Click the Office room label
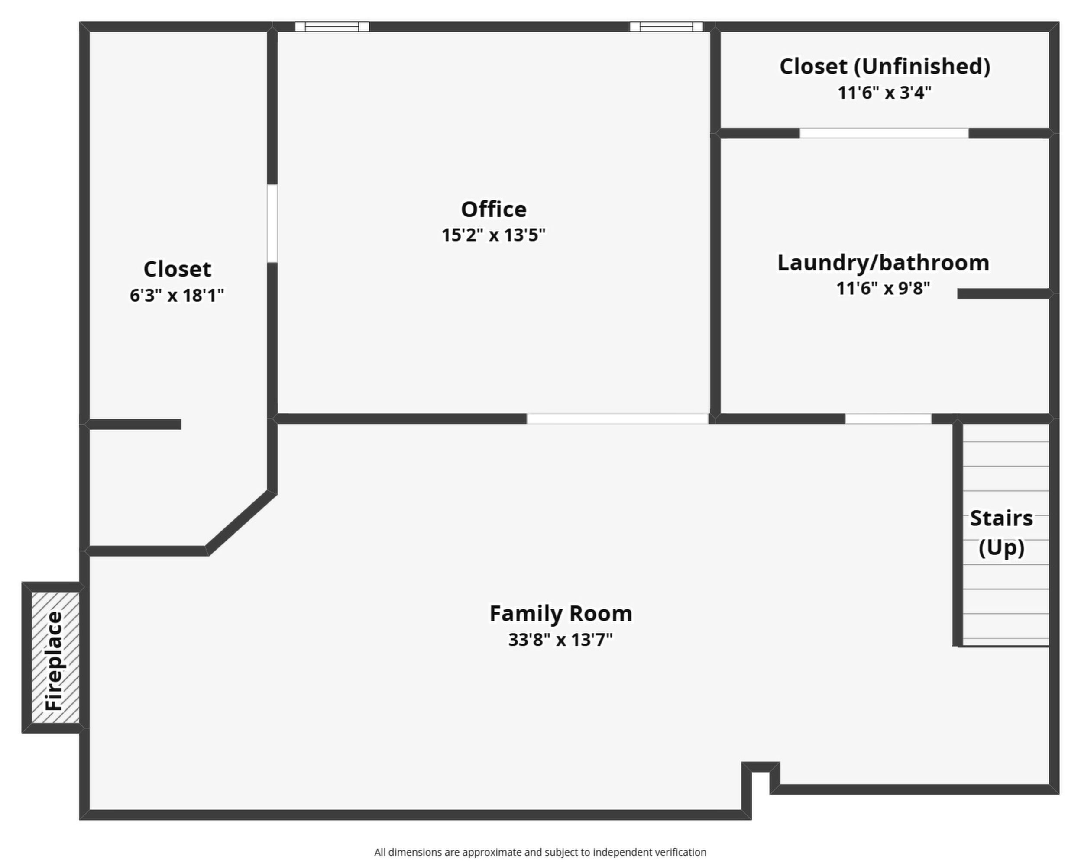493,209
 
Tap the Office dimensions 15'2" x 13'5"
493,235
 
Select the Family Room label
560,613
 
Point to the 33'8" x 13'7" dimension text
560,640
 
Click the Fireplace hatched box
55,657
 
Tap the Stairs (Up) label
1001,533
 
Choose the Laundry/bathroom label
883,263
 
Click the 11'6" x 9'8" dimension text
883,289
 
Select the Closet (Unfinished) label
885,67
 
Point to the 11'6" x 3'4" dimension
885,93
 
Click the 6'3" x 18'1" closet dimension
177,296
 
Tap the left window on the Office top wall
332,26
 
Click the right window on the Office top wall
667,26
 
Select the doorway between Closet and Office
272,223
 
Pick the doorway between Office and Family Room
617,419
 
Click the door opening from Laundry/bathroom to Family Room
888,419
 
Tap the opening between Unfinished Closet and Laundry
884,133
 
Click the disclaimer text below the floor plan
540,852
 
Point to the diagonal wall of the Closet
241,523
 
